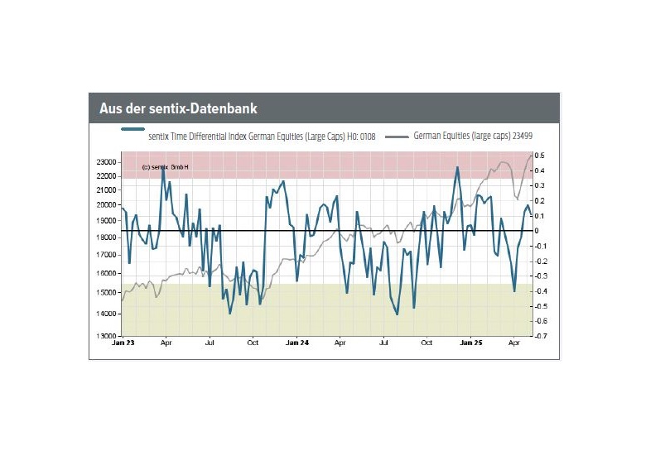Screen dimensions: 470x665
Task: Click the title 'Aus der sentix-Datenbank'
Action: point(178,108)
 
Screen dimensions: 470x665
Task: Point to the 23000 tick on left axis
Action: point(106,162)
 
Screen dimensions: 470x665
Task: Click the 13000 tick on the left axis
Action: point(106,336)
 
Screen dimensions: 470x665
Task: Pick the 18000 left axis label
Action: point(106,237)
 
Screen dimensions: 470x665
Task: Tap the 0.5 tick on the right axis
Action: point(539,156)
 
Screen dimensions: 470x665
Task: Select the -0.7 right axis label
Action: point(540,336)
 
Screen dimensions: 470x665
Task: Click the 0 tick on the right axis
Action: point(537,231)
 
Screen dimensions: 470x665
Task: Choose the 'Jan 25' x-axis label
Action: point(470,343)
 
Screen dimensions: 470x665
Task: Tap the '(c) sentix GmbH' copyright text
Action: point(165,167)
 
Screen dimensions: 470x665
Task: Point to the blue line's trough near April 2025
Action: point(514,291)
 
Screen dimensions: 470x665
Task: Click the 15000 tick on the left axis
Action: point(106,293)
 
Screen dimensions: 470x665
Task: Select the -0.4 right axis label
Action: point(540,291)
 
